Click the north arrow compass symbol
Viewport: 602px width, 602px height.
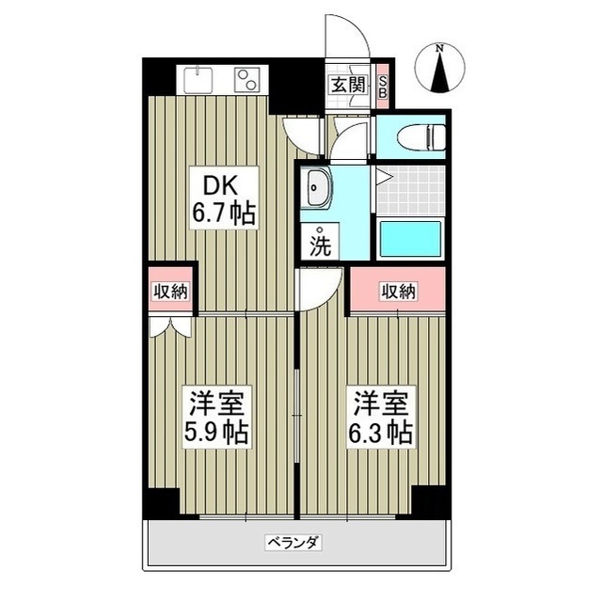[x=441, y=68]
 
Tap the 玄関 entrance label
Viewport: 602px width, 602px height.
[x=346, y=85]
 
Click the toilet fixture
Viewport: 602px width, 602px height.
[x=421, y=136]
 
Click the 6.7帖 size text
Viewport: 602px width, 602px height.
[x=224, y=214]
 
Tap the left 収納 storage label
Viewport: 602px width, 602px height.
[x=170, y=292]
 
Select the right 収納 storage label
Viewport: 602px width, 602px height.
[x=398, y=292]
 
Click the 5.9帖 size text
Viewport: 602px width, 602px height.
[x=215, y=434]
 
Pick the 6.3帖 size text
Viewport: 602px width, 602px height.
[x=383, y=434]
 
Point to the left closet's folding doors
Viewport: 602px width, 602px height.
[x=170, y=325]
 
